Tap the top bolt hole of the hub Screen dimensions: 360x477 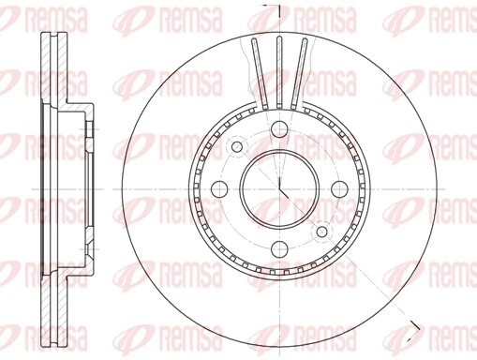pos(280,131)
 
